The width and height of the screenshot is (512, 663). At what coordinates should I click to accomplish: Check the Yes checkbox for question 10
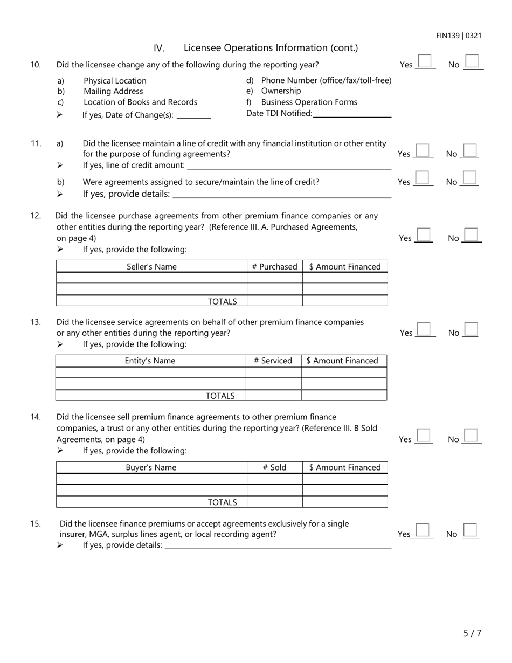(426, 61)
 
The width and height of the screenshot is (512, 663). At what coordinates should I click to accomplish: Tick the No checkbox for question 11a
(470, 150)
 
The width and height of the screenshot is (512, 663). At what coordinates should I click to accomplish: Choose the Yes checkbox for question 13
(425, 329)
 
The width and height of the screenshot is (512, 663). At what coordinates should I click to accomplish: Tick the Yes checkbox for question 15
(423, 530)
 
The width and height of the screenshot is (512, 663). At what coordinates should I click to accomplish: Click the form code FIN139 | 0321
(459, 36)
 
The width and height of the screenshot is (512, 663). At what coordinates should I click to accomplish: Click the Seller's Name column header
(151, 266)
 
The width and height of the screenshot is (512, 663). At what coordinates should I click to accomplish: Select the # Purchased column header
(274, 266)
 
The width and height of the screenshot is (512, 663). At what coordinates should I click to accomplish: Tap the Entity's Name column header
(150, 361)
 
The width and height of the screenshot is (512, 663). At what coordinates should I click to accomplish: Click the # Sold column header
(274, 467)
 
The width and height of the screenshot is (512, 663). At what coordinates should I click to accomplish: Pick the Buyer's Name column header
(151, 467)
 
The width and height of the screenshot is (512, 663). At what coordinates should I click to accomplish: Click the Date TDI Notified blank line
(352, 113)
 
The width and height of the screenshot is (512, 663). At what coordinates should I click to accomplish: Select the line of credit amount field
(288, 165)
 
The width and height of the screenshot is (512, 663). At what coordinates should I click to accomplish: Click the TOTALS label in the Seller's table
(222, 301)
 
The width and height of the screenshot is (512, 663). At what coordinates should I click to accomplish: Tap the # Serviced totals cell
(273, 396)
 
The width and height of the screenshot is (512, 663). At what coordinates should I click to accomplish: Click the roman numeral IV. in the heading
(159, 48)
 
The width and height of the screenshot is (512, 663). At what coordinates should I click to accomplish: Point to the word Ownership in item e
(281, 91)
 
